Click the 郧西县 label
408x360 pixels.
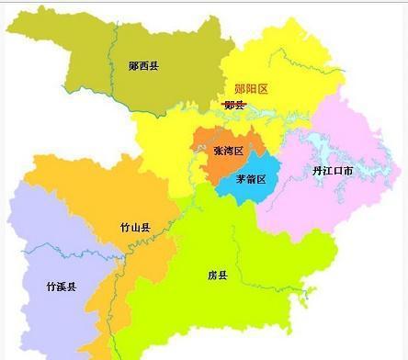[144, 65]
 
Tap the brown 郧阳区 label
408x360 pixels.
[251, 88]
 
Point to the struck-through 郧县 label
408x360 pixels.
[234, 105]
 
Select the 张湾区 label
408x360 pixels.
[228, 150]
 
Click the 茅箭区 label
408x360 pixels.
[250, 179]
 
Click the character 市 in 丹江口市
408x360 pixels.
[352, 171]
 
